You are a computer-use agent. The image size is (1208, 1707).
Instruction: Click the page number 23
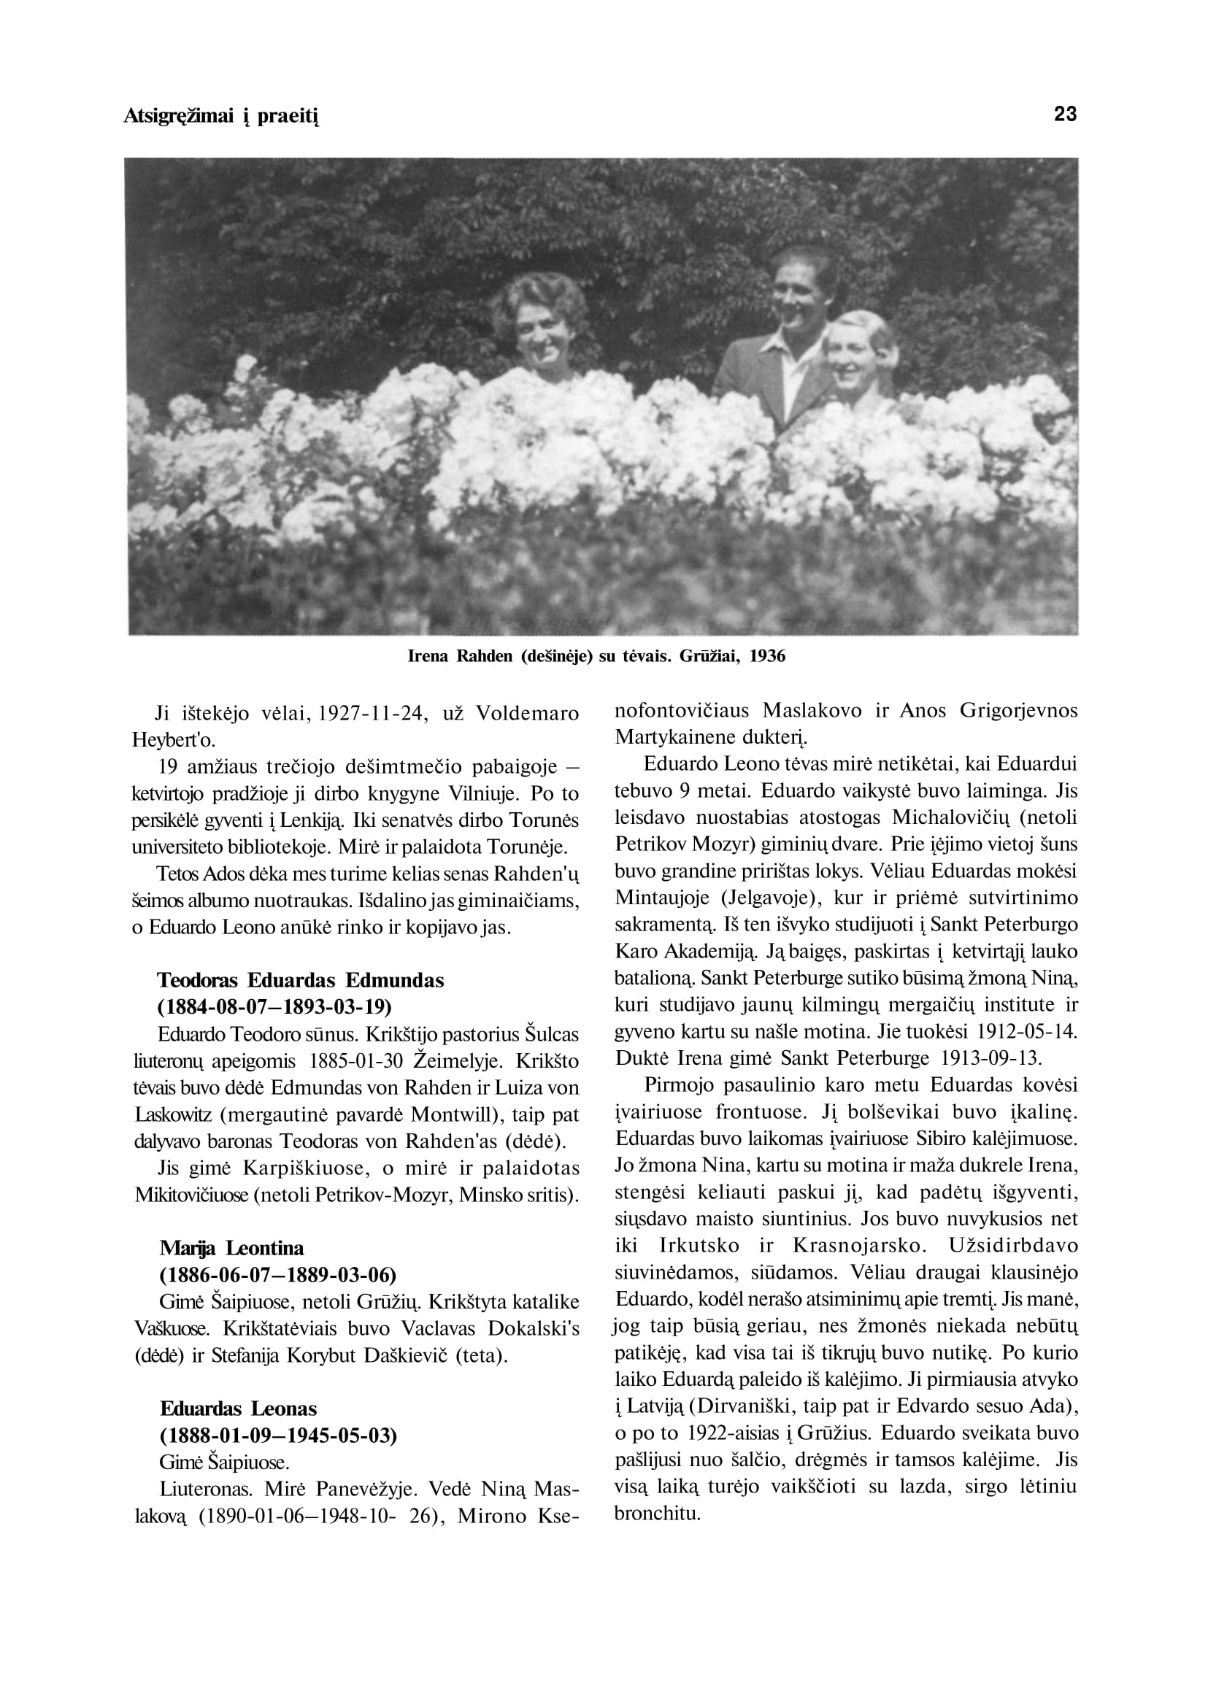pyautogui.click(x=1065, y=115)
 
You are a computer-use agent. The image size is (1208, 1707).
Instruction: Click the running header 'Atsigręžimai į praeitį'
pyautogui.click(x=221, y=117)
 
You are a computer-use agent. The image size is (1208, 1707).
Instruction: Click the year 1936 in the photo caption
pyautogui.click(x=767, y=656)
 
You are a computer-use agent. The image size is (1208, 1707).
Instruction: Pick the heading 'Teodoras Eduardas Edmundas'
pyautogui.click(x=301, y=980)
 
